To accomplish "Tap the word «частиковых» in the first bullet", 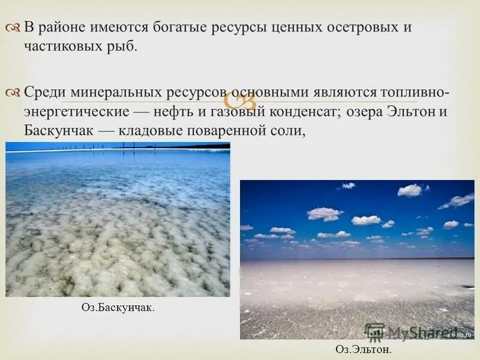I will click(x=58, y=46).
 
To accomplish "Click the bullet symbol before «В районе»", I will click(x=14, y=28).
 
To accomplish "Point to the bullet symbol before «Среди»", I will click(x=14, y=92).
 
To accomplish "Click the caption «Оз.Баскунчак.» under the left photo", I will click(x=118, y=308).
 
